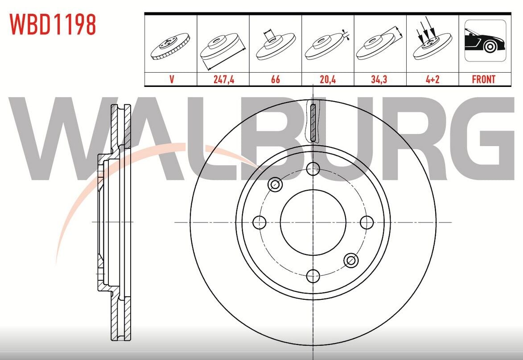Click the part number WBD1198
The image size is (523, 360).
click(x=53, y=25)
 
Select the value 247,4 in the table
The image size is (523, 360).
click(x=224, y=79)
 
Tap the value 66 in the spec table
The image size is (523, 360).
click(x=276, y=79)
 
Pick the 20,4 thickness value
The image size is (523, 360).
click(x=328, y=79)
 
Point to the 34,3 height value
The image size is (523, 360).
click(x=379, y=79)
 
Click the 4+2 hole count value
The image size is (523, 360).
click(x=432, y=79)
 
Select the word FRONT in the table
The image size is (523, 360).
click(x=484, y=79)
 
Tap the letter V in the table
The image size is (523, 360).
click(x=172, y=79)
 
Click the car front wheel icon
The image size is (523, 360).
click(x=485, y=41)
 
